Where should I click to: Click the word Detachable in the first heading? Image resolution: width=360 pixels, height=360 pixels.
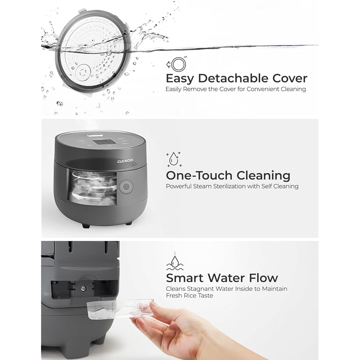pyautogui.click(x=233, y=78)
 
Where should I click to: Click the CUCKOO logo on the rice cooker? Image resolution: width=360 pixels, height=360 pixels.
pyautogui.click(x=125, y=161)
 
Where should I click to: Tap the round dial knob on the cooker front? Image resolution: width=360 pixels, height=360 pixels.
pyautogui.click(x=126, y=186)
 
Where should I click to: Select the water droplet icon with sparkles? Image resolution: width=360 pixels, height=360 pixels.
pyautogui.click(x=174, y=159)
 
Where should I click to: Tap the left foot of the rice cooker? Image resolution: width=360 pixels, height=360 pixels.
pyautogui.click(x=86, y=226)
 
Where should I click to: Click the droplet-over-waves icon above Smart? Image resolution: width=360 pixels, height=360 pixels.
pyautogui.click(x=175, y=261)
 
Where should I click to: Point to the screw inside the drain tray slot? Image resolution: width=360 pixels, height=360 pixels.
pyautogui.click(x=83, y=288)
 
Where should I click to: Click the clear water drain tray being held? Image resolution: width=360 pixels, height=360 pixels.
pyautogui.click(x=120, y=309)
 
